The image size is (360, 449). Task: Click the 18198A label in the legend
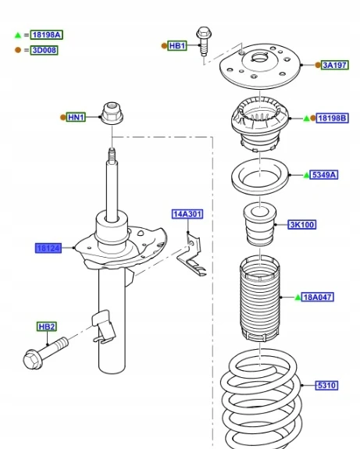click(x=47, y=35)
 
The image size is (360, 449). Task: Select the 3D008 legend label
click(x=44, y=50)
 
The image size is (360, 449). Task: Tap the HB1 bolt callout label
click(x=177, y=46)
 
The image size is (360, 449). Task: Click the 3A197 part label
click(x=334, y=66)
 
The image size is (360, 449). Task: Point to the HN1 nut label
click(x=76, y=117)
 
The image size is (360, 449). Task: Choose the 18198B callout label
click(x=332, y=118)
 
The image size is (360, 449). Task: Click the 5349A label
click(x=323, y=175)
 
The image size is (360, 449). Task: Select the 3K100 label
click(x=302, y=225)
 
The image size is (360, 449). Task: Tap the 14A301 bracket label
click(x=187, y=214)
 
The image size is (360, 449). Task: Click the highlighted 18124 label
click(x=48, y=248)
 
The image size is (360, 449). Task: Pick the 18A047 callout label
click(x=317, y=298)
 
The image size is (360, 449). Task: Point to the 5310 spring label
click(x=326, y=386)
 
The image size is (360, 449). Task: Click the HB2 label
click(x=47, y=326)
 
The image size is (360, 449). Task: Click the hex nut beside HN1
click(x=112, y=113)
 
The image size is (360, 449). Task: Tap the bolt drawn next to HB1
click(x=204, y=41)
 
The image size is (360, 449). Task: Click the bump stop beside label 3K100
click(x=260, y=224)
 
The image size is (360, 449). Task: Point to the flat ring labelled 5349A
click(x=260, y=177)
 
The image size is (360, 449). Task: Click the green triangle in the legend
click(x=18, y=35)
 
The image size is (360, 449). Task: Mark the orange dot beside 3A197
click(x=318, y=66)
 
